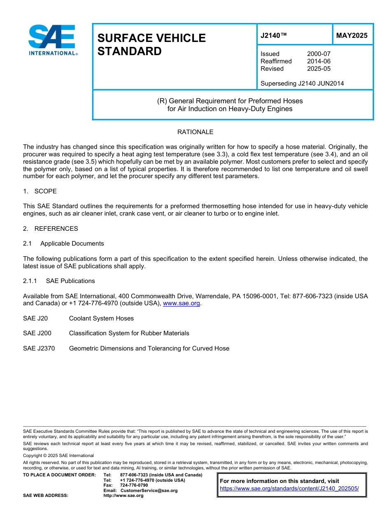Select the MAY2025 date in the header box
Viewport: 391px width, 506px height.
pyautogui.click(x=351, y=35)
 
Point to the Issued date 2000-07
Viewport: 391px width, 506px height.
pyautogui.click(x=319, y=54)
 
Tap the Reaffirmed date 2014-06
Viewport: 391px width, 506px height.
pyautogui.click(x=319, y=61)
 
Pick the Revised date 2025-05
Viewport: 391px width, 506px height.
pyautogui.click(x=319, y=69)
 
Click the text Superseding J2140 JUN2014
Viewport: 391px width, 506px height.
pyautogui.click(x=302, y=84)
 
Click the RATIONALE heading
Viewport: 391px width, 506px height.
pyautogui.click(x=195, y=132)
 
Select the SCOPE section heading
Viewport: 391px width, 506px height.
pyautogui.click(x=45, y=191)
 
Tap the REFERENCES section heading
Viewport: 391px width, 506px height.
pyautogui.click(x=56, y=229)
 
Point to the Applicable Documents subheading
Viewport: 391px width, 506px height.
pyautogui.click(x=72, y=244)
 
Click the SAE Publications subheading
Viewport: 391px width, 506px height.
pyautogui.click(x=70, y=281)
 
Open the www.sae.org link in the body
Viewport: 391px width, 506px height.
pyautogui.click(x=182, y=304)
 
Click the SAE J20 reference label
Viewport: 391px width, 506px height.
pyautogui.click(x=35, y=318)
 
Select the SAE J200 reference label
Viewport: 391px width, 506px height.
pyautogui.click(x=37, y=333)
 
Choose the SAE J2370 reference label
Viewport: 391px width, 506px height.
pyautogui.click(x=39, y=348)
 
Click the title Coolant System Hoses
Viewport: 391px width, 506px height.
pyautogui.click(x=101, y=318)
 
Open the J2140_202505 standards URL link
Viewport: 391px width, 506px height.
pyautogui.click(x=289, y=489)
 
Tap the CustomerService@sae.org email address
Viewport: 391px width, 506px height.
pyautogui.click(x=149, y=490)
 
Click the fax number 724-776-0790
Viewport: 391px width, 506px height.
pyautogui.click(x=134, y=485)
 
